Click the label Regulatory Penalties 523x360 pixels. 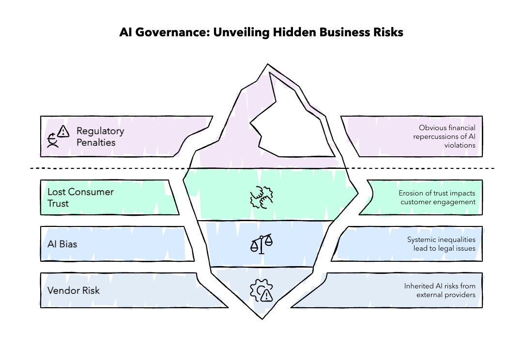(100, 136)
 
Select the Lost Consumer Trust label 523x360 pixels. (80, 197)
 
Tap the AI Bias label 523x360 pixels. (62, 244)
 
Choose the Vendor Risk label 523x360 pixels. (73, 291)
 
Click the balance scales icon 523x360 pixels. (261, 244)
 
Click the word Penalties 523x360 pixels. (96, 143)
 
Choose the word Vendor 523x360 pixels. (62, 291)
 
